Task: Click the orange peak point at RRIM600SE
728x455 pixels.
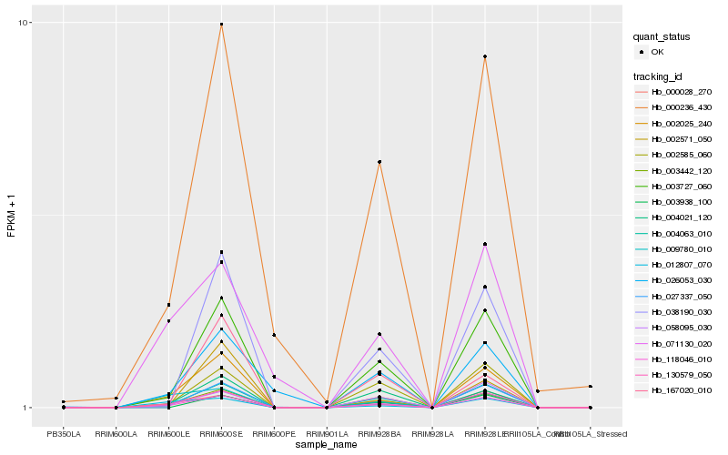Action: pyautogui.click(x=221, y=24)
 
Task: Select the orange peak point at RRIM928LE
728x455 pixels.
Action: pyautogui.click(x=485, y=56)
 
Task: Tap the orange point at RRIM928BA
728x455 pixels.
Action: pyautogui.click(x=379, y=162)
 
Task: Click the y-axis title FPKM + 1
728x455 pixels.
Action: pyautogui.click(x=11, y=217)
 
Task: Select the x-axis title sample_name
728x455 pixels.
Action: pyautogui.click(x=327, y=445)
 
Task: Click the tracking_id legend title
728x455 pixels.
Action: pyautogui.click(x=662, y=76)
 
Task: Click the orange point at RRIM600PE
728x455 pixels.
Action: pyautogui.click(x=274, y=336)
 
